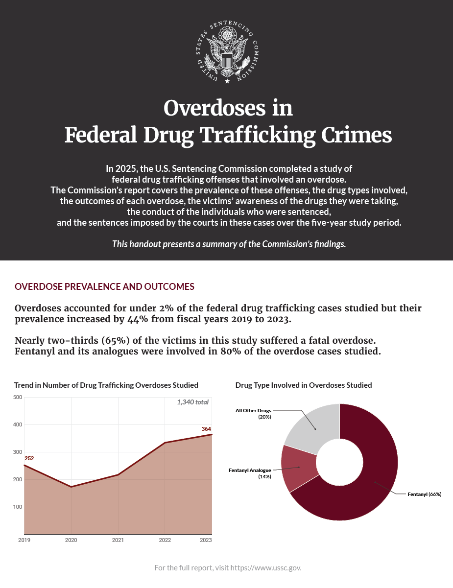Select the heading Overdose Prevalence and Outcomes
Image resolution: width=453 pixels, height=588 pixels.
pyautogui.click(x=104, y=286)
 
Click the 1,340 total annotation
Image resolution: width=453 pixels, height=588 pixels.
pyautogui.click(x=193, y=402)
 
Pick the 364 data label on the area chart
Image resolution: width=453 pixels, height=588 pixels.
pyautogui.click(x=206, y=429)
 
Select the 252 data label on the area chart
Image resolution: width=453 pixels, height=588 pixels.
pyautogui.click(x=29, y=458)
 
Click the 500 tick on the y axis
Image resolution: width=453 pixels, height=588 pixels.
pyautogui.click(x=18, y=397)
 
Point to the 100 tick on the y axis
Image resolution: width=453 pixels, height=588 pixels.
pyautogui.click(x=18, y=507)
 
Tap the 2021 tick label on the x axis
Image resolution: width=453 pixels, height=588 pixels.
pyautogui.click(x=118, y=540)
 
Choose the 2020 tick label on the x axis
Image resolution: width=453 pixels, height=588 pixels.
pyautogui.click(x=71, y=540)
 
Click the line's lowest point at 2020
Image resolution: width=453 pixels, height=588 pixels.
pyautogui.click(x=71, y=487)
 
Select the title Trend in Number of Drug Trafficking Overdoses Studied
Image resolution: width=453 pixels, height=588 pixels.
pyautogui.click(x=106, y=385)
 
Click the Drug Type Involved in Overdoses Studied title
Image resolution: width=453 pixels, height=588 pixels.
pyautogui.click(x=304, y=385)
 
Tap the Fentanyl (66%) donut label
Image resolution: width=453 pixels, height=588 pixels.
pyautogui.click(x=425, y=494)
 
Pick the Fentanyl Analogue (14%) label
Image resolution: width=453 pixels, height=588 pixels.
pyautogui.click(x=250, y=473)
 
